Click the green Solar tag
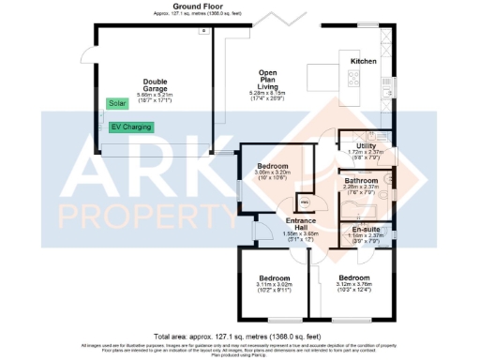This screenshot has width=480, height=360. coord(117,103)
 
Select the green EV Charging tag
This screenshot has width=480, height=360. coord(130,127)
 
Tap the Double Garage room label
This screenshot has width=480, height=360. coord(155,84)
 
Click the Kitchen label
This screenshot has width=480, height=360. coord(364,61)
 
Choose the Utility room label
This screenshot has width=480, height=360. coord(366,146)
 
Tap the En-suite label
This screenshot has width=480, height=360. coord(366,228)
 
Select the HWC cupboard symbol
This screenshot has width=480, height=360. coord(304,201)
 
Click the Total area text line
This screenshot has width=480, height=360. coord(238,335)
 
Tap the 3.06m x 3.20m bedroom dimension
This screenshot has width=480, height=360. coord(274,173)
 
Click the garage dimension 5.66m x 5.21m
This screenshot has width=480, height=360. coord(155,96)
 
